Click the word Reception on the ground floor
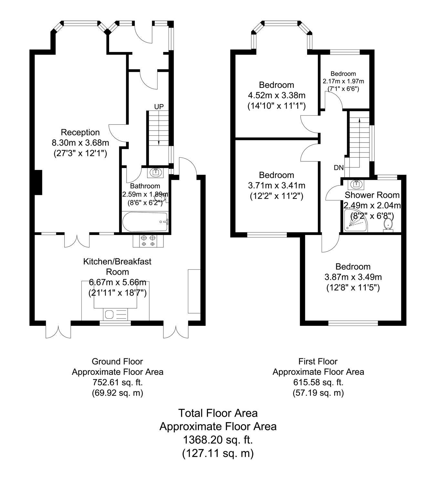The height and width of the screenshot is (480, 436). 80,132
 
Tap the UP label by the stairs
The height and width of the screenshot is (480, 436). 159,107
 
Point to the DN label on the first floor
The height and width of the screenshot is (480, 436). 339,168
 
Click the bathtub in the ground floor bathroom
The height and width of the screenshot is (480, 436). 145,222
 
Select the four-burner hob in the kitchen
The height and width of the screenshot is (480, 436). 148,241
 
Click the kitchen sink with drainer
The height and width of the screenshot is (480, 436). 116,314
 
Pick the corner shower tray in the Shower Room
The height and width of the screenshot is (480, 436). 355,221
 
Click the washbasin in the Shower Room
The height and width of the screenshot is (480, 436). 356,184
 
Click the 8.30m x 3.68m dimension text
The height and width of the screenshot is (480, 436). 80,143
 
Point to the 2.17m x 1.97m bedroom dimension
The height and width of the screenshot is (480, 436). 343,81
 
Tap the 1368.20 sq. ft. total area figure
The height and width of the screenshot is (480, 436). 218,440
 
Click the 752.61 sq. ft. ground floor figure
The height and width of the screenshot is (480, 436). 118,382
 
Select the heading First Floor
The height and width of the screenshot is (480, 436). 318,361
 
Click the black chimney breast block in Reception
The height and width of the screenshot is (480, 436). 38,182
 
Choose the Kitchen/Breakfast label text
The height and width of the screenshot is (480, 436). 117,261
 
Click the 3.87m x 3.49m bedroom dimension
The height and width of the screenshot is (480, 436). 353,277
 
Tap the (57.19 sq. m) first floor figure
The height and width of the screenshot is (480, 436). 318,393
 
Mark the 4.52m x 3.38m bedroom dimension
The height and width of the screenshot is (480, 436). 277,95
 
